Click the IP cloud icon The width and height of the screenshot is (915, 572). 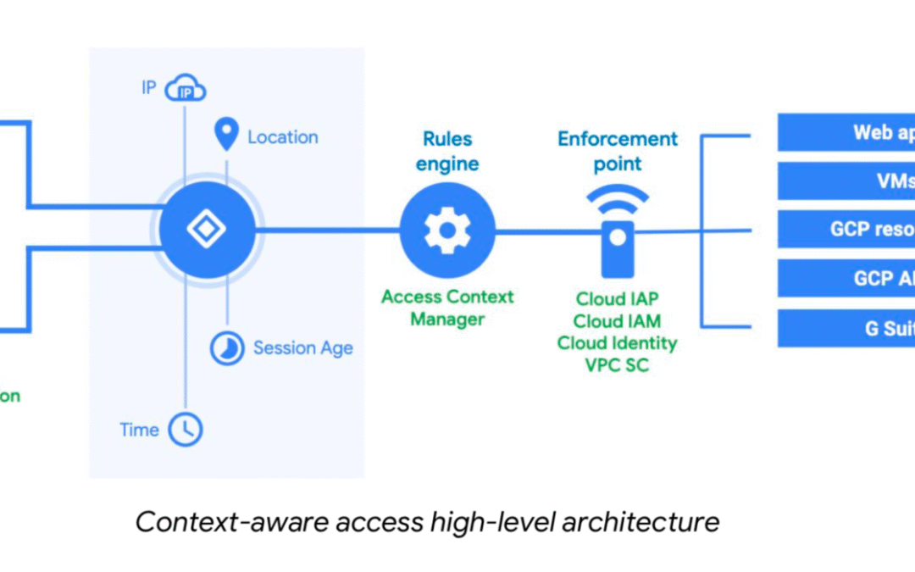tap(186, 88)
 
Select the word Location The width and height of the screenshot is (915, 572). tap(283, 137)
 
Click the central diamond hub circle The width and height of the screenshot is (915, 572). tap(207, 230)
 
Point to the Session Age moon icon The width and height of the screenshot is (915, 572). tap(227, 347)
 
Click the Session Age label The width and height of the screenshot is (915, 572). tap(303, 348)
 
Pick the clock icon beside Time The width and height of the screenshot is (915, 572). tap(186, 430)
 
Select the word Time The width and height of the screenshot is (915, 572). tap(140, 430)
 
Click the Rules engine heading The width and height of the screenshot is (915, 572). tap(447, 151)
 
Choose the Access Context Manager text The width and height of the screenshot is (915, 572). tap(447, 308)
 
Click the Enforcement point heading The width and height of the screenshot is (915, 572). tap(618, 151)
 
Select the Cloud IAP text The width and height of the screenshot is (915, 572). tap(618, 299)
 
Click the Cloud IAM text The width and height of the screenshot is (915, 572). tap(618, 321)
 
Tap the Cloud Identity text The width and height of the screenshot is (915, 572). tap(618, 343)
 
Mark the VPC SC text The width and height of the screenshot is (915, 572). tap(618, 365)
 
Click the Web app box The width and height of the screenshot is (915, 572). tap(846, 132)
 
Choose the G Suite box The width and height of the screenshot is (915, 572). tap(846, 328)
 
